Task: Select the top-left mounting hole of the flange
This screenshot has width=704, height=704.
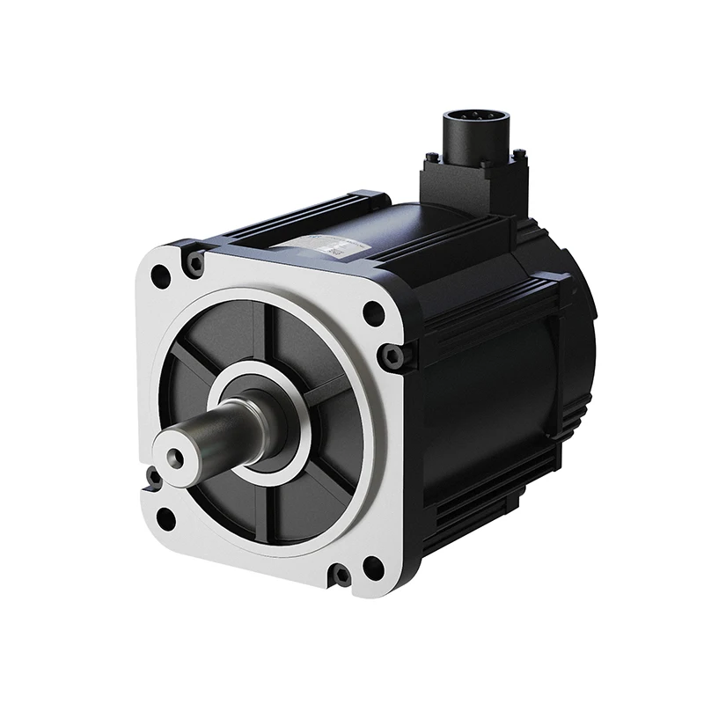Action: [161, 276]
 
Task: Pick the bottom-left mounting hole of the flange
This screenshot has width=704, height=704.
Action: [165, 519]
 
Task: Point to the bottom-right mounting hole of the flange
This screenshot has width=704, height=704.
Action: [373, 568]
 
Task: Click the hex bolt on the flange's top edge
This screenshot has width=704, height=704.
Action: [195, 260]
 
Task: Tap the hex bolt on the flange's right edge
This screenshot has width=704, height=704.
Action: [392, 355]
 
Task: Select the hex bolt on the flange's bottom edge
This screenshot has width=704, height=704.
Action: [340, 576]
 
